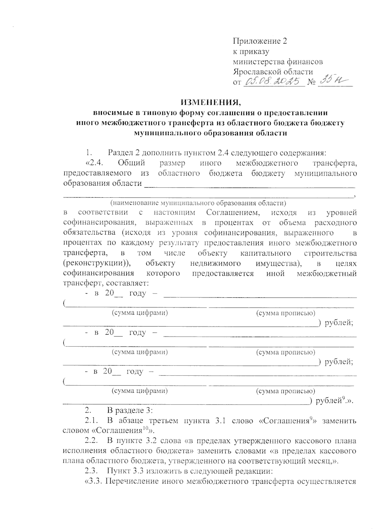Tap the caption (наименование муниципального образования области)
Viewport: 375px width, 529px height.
(198, 203)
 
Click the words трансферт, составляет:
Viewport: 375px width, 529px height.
(106, 283)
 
